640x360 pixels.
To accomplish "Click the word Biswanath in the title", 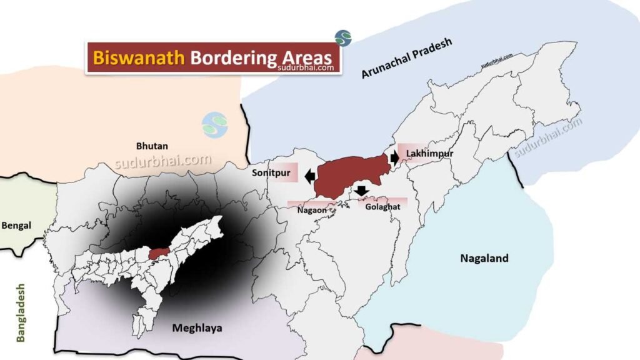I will (138, 57).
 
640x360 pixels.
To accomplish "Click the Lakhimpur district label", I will (429, 153).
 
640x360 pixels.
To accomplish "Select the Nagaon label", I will (309, 211).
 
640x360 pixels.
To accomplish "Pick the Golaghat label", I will (382, 206).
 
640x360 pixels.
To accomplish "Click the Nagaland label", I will (484, 258).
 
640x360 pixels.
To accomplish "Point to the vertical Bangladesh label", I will (21, 312).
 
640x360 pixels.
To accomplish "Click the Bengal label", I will (16, 225).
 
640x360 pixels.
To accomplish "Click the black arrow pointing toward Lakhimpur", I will (394, 157).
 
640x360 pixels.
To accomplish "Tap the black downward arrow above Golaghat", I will (361, 191).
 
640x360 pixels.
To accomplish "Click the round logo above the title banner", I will (342, 37).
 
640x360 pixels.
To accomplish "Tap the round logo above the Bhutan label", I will (215, 125).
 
